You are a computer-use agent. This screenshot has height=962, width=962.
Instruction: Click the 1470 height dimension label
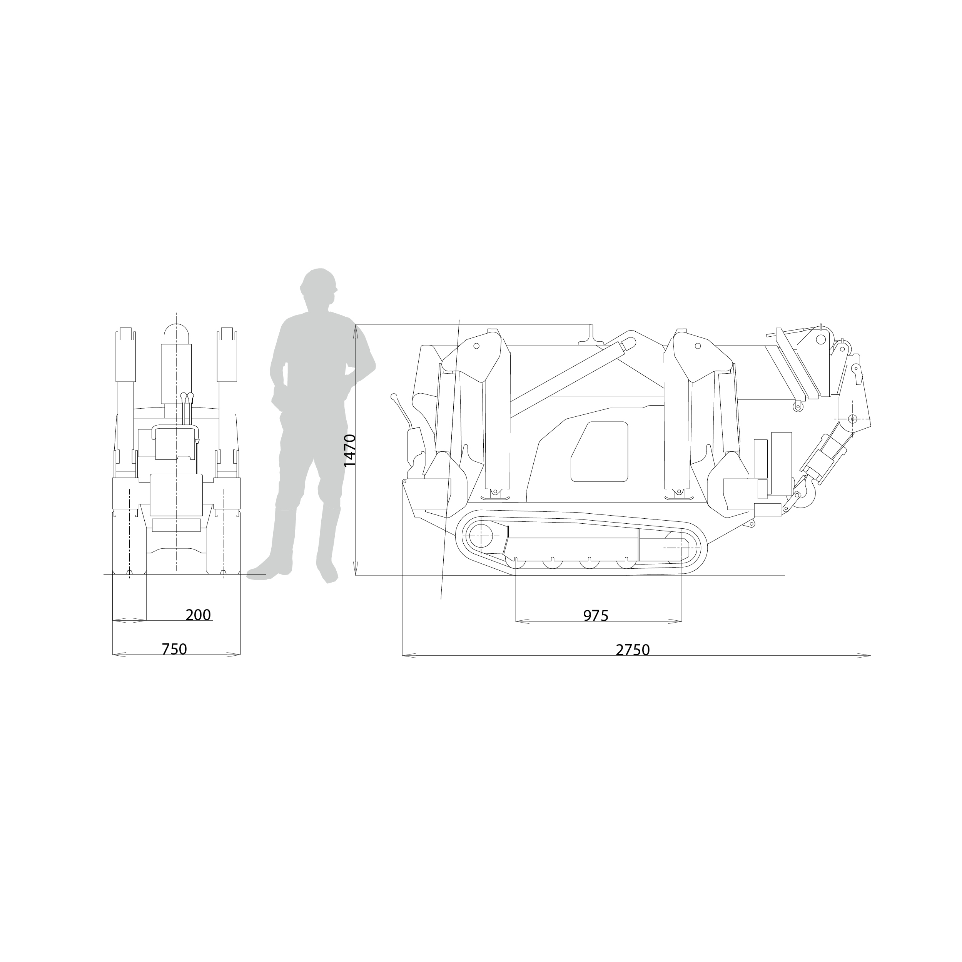[350, 451]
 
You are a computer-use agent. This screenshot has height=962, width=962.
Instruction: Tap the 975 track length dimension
[596, 616]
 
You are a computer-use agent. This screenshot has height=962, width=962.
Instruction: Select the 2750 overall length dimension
[633, 650]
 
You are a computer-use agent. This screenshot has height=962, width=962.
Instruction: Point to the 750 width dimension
[174, 649]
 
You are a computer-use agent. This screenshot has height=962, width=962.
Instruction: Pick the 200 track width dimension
[198, 615]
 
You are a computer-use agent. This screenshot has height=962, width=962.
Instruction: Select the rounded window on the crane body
[599, 452]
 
